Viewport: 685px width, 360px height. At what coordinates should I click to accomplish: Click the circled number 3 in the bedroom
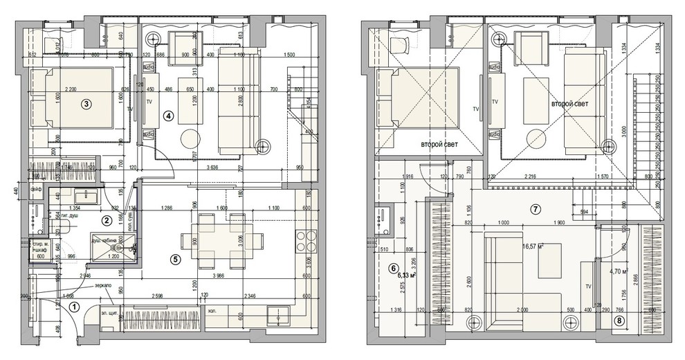85,105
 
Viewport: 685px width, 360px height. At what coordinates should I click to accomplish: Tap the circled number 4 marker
168,116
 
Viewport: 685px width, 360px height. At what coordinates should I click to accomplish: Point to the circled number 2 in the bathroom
107,221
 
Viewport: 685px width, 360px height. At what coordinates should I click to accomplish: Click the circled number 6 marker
394,269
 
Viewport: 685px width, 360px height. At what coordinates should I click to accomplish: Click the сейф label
35,188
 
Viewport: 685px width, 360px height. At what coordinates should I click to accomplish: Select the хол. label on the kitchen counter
212,312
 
